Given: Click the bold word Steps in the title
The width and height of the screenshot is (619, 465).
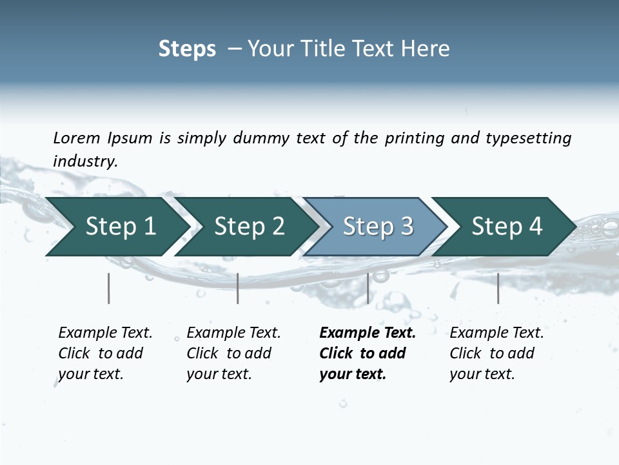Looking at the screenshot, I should pos(187,49).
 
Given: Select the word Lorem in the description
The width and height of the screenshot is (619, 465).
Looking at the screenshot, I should pos(77,138).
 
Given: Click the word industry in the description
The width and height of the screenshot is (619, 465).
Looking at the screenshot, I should pos(84,161).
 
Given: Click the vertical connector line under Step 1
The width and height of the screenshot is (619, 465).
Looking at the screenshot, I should pos(109,288).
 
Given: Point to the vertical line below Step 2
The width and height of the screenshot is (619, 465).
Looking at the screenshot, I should pos(238,288).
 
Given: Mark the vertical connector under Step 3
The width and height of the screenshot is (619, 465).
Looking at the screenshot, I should pos(368,288).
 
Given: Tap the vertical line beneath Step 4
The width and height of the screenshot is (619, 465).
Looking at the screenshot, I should pos(498,288).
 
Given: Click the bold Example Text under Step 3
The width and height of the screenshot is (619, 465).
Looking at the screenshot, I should pos(368,333).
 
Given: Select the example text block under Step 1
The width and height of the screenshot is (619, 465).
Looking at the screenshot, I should pos(105,353).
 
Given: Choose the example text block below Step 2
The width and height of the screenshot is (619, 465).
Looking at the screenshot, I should pos(233,353).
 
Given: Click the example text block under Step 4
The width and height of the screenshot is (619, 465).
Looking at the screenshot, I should pos(496,353).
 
